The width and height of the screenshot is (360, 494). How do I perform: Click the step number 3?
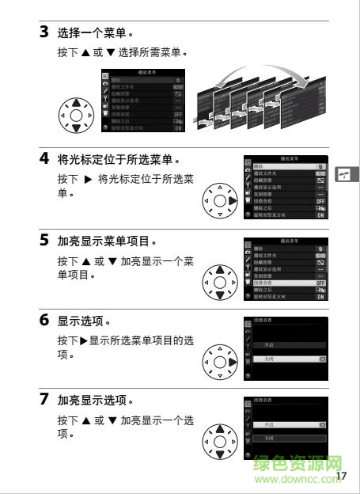coord(44,33)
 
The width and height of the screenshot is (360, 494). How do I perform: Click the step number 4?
coord(44,158)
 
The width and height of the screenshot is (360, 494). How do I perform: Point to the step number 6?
coord(44,321)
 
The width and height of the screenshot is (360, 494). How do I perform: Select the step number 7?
coord(44,399)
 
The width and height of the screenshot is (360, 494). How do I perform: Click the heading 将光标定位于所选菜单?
coord(120,159)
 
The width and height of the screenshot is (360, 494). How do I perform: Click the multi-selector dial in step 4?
coord(220,201)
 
